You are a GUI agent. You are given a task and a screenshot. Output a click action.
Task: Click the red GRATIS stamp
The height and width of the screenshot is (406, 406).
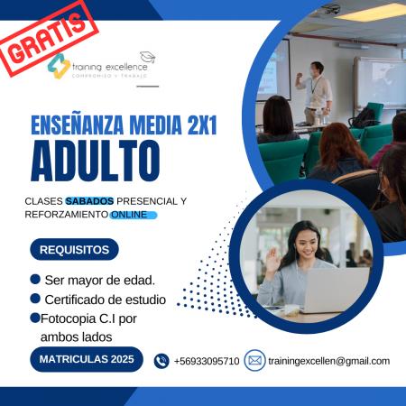48,39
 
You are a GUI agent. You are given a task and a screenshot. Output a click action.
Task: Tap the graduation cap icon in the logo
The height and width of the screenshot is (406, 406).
148,57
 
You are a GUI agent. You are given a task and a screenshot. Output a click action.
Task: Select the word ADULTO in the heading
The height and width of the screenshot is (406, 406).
96,161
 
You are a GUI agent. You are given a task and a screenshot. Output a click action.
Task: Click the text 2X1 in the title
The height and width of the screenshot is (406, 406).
202,125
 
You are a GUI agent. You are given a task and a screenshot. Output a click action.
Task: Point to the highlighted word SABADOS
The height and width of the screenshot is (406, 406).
89,201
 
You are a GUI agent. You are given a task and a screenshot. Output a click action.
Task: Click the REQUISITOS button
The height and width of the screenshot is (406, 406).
74,250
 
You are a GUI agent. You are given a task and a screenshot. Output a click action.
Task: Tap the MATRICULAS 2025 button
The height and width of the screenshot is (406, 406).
87,359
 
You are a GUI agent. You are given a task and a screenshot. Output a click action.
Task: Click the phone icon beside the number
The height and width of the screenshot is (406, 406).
161,361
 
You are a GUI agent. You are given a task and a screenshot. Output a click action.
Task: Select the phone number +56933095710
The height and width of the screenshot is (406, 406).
207,361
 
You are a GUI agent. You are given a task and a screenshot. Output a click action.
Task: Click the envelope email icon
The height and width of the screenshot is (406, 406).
254,360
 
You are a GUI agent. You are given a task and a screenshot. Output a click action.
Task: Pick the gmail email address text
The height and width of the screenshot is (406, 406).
329,361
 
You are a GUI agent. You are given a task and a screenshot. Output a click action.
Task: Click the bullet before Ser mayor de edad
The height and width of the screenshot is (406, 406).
35,279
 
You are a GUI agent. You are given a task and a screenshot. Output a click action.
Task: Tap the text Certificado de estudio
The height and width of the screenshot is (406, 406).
106,300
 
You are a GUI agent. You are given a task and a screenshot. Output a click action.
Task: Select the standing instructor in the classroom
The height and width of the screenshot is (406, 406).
315,93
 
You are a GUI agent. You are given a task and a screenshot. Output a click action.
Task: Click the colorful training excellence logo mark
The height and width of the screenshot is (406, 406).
59,66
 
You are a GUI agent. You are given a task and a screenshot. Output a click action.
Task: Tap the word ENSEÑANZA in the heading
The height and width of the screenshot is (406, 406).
78,125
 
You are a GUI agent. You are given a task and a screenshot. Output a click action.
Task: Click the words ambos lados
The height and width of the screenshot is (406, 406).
77,337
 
